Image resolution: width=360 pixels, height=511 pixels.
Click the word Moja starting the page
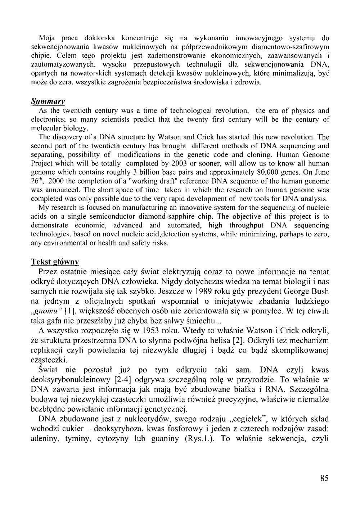coord(46,38)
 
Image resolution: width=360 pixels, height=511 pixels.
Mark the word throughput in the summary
coord(240,226)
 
